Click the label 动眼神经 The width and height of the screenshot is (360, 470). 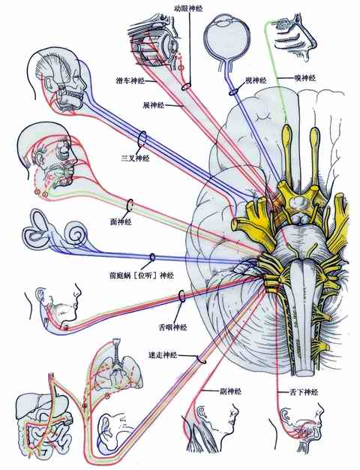188,8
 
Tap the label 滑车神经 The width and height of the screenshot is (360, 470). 130,81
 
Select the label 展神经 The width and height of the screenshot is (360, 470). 153,105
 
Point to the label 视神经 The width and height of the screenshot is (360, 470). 256,80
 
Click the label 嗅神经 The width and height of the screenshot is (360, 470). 305,78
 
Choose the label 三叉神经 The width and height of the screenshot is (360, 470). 135,158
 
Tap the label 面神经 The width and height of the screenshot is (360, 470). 121,221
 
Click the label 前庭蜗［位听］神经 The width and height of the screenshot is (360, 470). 141,275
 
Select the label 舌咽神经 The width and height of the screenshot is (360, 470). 172,327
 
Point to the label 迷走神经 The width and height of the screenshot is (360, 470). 163,355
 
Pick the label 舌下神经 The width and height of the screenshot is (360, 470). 304,392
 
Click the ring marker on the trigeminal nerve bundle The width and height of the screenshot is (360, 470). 142,139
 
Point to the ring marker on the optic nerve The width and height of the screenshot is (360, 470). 233,92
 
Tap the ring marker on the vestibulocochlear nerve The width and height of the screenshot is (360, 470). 152,258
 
